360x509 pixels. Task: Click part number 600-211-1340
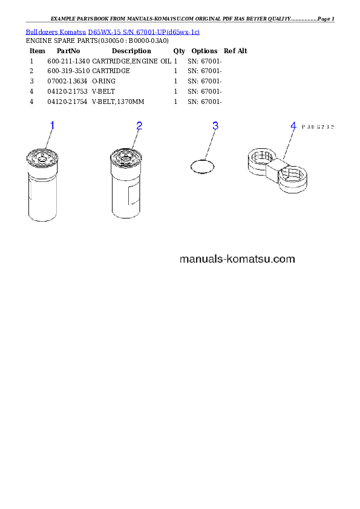tap(68, 61)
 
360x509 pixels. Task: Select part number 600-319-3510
tap(68, 71)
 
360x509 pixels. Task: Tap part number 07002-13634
tap(67, 81)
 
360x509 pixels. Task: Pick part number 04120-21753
tap(67, 91)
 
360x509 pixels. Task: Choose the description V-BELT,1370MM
tap(118, 102)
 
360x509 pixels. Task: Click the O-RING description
tap(103, 81)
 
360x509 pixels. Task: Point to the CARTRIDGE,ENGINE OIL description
tap(131, 61)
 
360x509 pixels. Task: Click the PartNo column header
tap(68, 51)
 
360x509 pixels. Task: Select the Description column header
tap(131, 51)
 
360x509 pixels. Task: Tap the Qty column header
tap(179, 51)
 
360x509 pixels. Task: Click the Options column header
tap(205, 51)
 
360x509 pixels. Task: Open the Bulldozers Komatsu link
tap(56, 32)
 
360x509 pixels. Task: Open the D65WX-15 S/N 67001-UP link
tap(144, 32)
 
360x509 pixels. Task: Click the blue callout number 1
tap(52, 125)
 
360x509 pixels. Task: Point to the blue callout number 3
tap(215, 126)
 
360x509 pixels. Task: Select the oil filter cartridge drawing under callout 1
tap(42, 185)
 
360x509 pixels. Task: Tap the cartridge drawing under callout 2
tap(125, 184)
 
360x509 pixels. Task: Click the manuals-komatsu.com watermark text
tap(237, 259)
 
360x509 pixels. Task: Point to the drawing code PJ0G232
tap(318, 127)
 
